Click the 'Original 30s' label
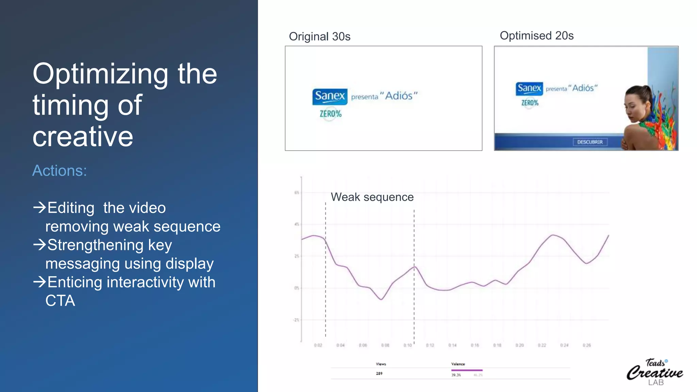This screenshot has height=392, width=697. pos(320,36)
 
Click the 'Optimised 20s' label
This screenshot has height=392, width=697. pos(537,35)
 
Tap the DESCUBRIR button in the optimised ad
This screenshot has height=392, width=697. pos(590,142)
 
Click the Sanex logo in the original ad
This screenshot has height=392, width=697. pos(330,96)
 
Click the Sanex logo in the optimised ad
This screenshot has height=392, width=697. pos(529,88)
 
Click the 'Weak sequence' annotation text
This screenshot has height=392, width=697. pos(372,197)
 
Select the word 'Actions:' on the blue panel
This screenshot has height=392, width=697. pos(60,170)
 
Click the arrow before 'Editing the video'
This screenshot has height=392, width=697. pos(39,207)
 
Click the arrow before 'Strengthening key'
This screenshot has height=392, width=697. pos(39,244)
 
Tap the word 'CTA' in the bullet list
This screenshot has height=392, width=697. pos(60,300)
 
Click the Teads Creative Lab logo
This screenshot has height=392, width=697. pos(655,372)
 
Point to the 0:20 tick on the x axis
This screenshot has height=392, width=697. pos(519,345)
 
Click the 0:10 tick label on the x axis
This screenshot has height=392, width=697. pos(407,345)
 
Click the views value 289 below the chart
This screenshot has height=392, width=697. pos(379,373)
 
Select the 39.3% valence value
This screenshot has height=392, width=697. pos(456,375)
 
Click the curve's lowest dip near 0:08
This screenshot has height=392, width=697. pos(382,299)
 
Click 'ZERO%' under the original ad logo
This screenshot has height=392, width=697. pos(330,114)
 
